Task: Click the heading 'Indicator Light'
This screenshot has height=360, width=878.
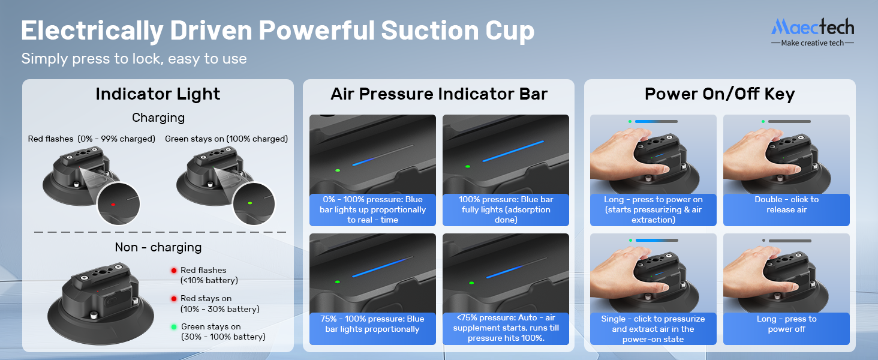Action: pyautogui.click(x=158, y=94)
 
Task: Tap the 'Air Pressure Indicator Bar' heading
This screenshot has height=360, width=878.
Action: pyautogui.click(x=438, y=94)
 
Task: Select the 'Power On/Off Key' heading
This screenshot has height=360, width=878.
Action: pyautogui.click(x=720, y=94)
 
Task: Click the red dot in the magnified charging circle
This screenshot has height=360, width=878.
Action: pyautogui.click(x=113, y=205)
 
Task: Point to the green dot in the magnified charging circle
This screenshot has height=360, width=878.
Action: pyautogui.click(x=249, y=203)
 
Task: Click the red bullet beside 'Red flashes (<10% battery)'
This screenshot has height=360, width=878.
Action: pyautogui.click(x=174, y=270)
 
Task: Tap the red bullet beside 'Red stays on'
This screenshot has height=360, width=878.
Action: pyautogui.click(x=174, y=298)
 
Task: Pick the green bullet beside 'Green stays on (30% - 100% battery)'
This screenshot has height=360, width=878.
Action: pyautogui.click(x=174, y=326)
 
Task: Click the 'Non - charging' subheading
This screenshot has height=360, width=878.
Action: pyautogui.click(x=158, y=247)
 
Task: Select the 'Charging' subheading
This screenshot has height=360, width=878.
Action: pyautogui.click(x=158, y=118)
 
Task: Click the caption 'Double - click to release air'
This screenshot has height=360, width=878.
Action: pyautogui.click(x=787, y=205)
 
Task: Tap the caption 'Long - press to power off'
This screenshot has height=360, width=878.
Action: pyautogui.click(x=787, y=324)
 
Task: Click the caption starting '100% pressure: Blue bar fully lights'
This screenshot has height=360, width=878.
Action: pyautogui.click(x=506, y=209)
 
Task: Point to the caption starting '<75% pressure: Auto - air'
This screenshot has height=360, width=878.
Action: pyautogui.click(x=506, y=328)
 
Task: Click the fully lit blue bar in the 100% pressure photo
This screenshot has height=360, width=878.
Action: pyautogui.click(x=513, y=151)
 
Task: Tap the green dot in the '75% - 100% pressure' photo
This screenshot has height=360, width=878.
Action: pyautogui.click(x=338, y=282)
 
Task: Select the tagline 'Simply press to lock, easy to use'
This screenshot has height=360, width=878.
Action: pyautogui.click(x=134, y=59)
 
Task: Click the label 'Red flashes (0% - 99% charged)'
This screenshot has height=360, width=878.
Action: pyautogui.click(x=92, y=139)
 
